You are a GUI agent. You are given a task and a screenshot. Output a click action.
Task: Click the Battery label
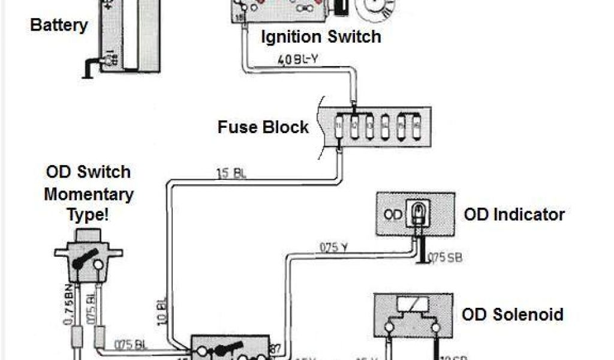[59, 26]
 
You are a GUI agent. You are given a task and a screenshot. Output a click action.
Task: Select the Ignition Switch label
[321, 37]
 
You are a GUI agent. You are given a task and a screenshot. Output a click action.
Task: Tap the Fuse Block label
[263, 127]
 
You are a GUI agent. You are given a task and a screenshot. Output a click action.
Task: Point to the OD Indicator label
[514, 214]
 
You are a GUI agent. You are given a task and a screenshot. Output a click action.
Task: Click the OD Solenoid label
[512, 314]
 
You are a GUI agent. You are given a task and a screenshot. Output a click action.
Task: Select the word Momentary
[89, 194]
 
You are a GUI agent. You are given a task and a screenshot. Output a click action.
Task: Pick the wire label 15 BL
[231, 175]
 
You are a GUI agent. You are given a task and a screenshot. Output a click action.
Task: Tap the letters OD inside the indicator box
[393, 214]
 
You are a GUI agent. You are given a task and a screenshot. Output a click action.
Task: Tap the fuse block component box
[376, 126]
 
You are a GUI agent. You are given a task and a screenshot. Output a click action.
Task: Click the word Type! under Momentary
[89, 215]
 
